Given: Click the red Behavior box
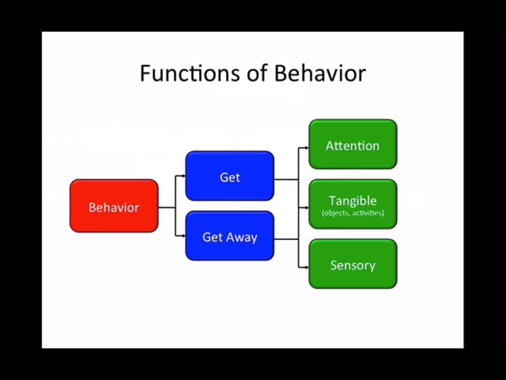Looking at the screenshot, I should tap(114, 206).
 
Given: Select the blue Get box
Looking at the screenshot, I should tap(230, 176).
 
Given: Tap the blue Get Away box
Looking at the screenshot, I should tap(230, 236).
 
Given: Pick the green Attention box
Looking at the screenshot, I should tap(353, 144).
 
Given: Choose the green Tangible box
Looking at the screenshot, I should tap(353, 204).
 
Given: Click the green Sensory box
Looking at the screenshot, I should tap(353, 264).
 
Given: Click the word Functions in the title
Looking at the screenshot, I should tap(187, 73).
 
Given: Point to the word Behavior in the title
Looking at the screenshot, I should tap(320, 73).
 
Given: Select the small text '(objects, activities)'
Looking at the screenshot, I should tap(353, 213).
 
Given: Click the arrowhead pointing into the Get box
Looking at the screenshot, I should tap(183, 176).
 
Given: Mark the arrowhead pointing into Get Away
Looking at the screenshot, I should tap(183, 236).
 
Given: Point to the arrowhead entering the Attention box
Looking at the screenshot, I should tap(306, 148).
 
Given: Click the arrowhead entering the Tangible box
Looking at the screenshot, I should tap(306, 208).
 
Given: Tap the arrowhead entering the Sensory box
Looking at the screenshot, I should tap(306, 268).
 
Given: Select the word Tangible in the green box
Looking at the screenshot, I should tap(353, 201).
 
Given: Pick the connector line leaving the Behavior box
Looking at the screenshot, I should tap(166, 207).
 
